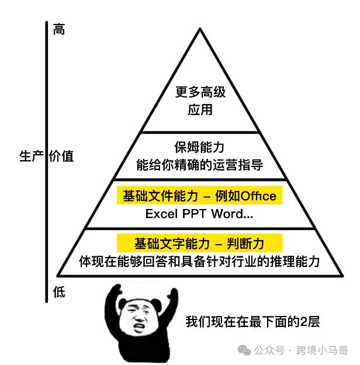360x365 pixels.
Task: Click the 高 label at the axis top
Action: (x=58, y=29)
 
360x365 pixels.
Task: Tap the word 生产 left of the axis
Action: (x=32, y=156)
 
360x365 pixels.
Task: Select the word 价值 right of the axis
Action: (x=61, y=156)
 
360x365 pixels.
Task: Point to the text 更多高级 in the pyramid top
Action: (x=200, y=92)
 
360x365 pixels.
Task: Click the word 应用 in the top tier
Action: (x=200, y=109)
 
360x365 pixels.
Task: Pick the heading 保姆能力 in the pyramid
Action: (x=200, y=147)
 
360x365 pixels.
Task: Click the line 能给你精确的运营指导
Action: (x=200, y=165)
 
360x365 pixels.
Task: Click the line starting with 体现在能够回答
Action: (x=200, y=261)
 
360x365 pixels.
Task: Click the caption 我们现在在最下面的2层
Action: (x=253, y=322)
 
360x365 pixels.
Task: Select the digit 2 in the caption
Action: (x=301, y=322)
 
